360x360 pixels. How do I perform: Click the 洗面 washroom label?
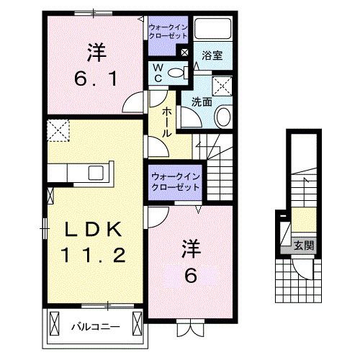(202, 102)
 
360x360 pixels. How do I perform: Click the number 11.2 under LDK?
(94, 254)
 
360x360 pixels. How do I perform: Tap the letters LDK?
(94, 230)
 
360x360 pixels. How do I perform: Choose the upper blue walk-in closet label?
(168, 32)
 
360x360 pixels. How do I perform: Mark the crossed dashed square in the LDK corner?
(55, 130)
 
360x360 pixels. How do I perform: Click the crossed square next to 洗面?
(222, 86)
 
